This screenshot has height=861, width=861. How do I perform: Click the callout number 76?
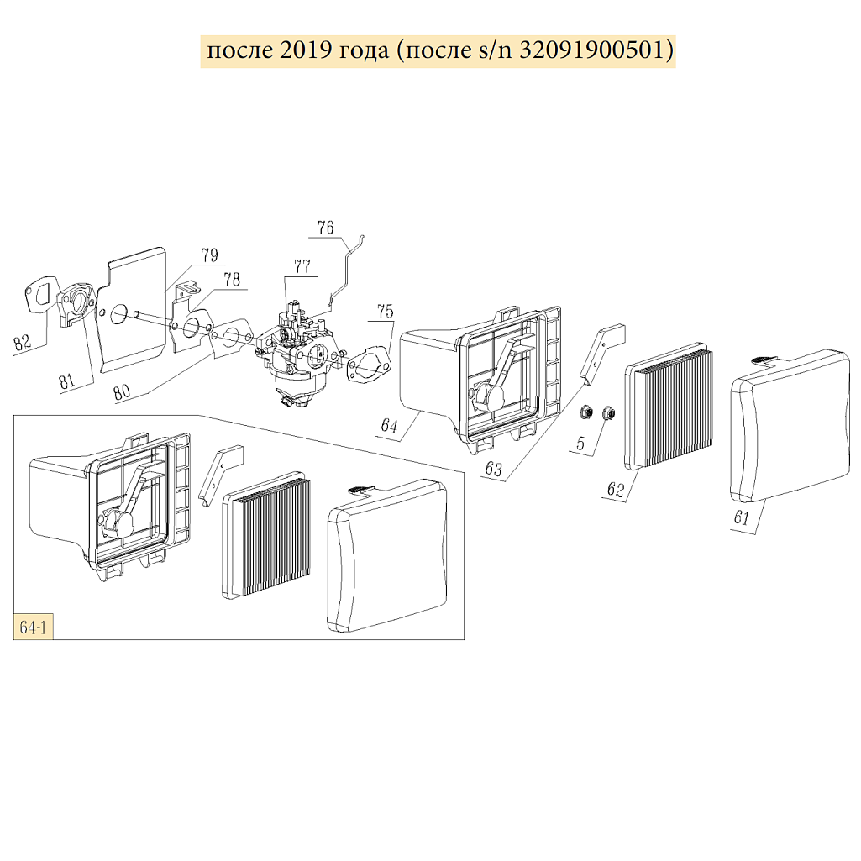(326, 228)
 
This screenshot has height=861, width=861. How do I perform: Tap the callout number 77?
(302, 267)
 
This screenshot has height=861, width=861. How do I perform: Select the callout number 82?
(23, 342)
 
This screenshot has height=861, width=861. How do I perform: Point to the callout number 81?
(67, 381)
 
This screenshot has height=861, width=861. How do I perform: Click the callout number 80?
(121, 391)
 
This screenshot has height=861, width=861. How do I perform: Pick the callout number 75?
(386, 312)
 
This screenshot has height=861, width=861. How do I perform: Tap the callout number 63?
(494, 469)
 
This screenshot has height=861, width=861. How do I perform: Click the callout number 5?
(581, 443)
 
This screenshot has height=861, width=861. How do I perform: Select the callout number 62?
(616, 489)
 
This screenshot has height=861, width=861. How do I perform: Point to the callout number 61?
(741, 517)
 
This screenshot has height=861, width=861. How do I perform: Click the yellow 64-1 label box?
(33, 627)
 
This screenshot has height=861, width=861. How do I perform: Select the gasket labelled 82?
(39, 295)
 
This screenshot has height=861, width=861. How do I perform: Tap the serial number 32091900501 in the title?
(592, 50)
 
